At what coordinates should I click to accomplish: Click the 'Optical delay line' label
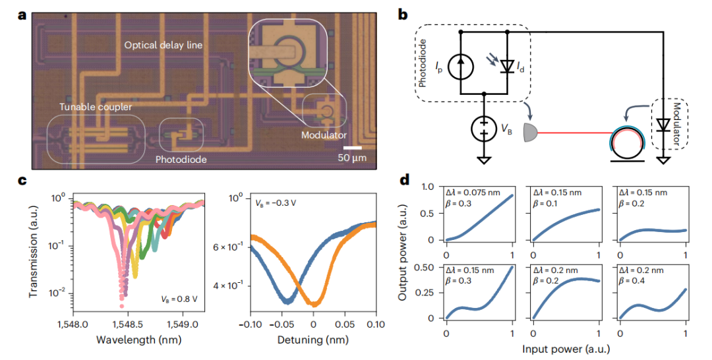(x=163, y=45)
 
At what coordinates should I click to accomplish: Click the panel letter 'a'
(x=21, y=15)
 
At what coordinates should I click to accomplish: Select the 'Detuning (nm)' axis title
(x=314, y=341)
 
